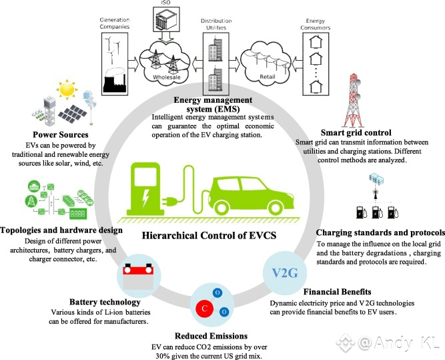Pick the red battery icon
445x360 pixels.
point(139,275)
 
